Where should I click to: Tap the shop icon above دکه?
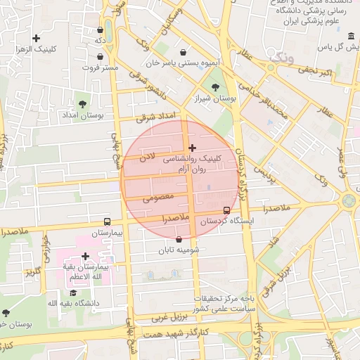101,30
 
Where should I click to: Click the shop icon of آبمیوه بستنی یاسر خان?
184,52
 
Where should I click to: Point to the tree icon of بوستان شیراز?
214,87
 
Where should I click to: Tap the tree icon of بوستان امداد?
83,104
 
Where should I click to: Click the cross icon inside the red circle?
192,148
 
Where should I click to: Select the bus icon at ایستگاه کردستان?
226,210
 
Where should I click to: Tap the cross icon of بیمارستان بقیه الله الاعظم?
85,257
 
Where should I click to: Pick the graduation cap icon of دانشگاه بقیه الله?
72,292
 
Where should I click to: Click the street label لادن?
146,160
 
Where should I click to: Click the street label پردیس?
262,172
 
